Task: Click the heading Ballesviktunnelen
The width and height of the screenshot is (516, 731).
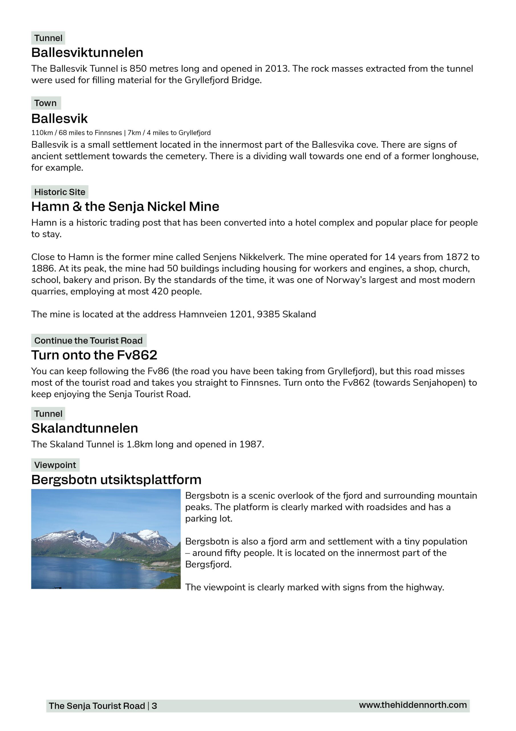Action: point(87,53)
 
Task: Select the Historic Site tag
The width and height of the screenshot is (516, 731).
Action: point(60,192)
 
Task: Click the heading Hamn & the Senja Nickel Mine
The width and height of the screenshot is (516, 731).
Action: point(125,207)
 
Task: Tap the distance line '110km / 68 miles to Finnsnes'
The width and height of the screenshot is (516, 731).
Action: point(77,133)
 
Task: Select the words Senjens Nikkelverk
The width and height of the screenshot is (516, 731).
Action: point(243,257)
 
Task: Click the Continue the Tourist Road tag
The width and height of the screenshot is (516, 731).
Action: point(88,341)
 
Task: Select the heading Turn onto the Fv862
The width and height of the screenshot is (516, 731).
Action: point(94,355)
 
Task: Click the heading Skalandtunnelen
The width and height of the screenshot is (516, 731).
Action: point(85,429)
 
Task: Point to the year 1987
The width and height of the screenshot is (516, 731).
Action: point(251,445)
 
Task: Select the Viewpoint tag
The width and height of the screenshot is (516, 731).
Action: point(55,465)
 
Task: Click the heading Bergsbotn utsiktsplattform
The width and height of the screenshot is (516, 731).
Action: point(116,480)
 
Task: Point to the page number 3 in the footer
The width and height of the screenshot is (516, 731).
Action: point(155,706)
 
